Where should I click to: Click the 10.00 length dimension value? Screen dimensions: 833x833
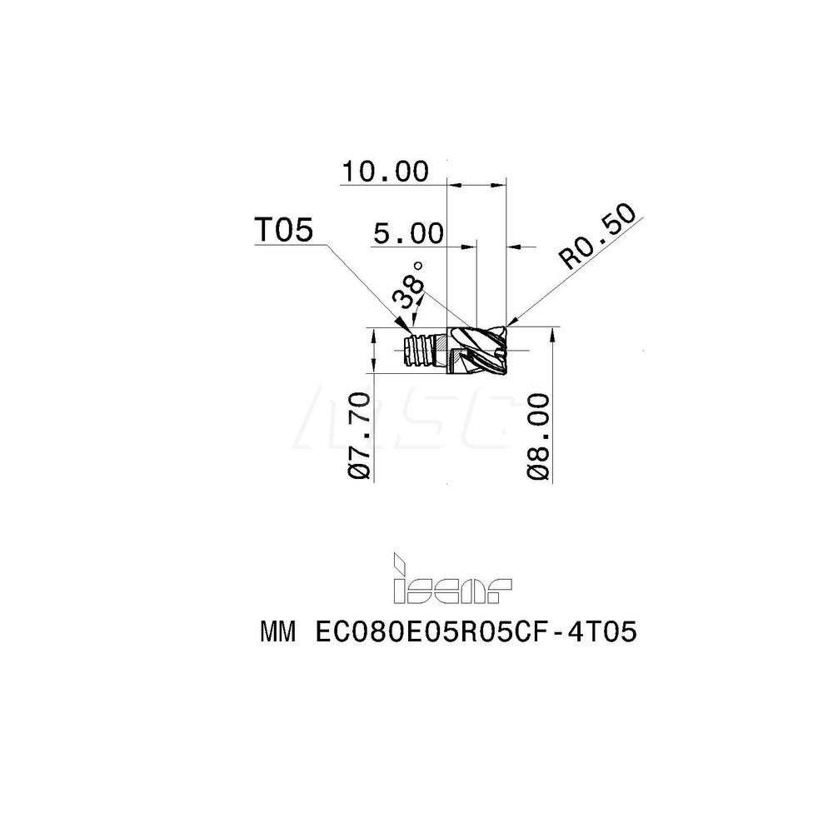[385, 172]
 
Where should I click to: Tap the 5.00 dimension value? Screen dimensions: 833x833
[408, 234]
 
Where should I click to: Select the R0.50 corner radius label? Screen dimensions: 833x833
[597, 237]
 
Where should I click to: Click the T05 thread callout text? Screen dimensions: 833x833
[284, 231]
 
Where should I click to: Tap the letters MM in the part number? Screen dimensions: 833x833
[278, 633]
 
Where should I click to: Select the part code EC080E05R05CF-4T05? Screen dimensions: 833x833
[476, 633]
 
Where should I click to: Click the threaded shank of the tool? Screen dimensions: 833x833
[419, 350]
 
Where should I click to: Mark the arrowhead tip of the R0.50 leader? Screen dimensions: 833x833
[506, 326]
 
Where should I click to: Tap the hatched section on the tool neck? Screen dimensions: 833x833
[441, 350]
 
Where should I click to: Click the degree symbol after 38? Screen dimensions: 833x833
[417, 265]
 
